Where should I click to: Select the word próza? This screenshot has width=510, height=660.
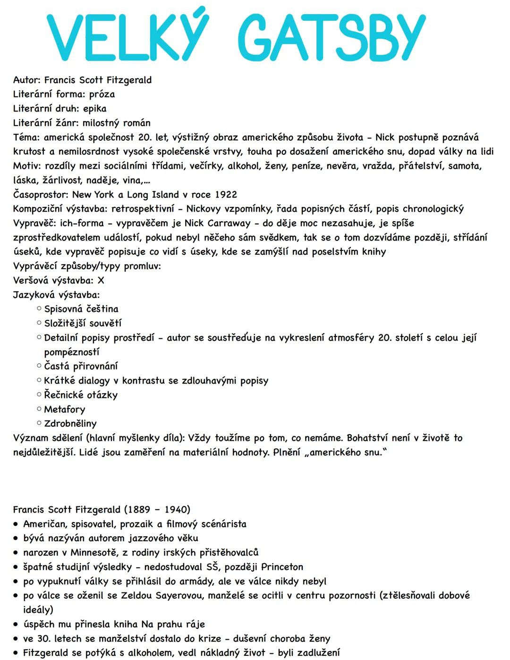102,94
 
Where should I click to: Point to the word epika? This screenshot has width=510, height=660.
94,108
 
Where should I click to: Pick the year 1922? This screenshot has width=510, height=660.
226,195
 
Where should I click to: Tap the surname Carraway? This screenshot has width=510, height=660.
228,223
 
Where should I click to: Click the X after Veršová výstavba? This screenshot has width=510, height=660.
101,280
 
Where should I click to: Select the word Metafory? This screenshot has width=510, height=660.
65,409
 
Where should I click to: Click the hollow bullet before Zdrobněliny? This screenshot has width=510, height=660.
39,423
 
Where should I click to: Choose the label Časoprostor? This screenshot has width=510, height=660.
41,195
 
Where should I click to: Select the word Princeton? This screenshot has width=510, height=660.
282,566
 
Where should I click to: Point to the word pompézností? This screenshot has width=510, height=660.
72,352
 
